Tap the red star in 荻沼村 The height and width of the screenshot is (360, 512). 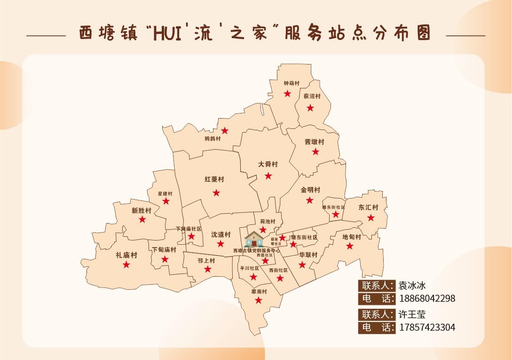pos(310,108)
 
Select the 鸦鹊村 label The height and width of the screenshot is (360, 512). pos(213,139)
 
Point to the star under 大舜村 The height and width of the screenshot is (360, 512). pos(268,176)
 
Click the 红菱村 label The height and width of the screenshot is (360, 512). pos(214,179)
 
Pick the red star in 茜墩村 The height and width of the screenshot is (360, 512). pos(315,152)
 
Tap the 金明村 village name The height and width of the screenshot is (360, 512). pos(310,190)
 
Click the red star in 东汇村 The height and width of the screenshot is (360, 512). pos(371,217)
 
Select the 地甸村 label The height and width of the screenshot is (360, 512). pos(352,237)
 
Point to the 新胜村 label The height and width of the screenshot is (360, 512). pos(142,210)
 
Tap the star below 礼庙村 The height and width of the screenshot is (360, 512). pos(126,264)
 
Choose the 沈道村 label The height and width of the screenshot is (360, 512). pos(221,234)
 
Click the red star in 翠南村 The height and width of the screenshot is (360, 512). pos(259,300)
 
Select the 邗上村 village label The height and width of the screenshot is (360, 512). pos(206,260)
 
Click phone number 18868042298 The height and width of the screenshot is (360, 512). pos(427,298)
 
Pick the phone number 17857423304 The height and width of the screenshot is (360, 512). pos(427,327)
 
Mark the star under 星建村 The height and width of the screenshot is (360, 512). pos(166,201)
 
